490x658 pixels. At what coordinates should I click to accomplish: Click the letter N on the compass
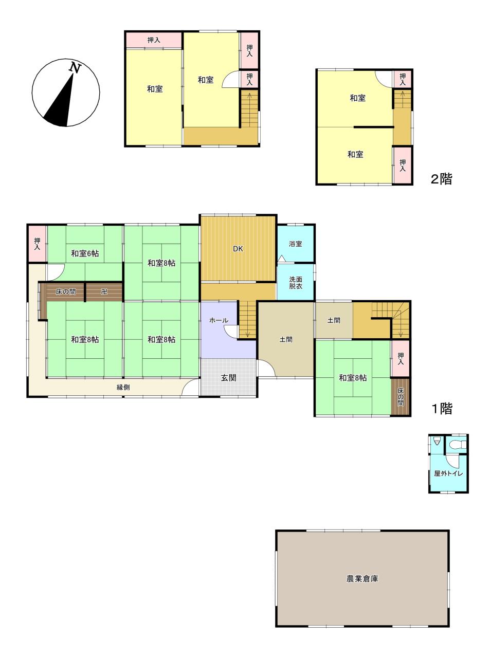(75, 68)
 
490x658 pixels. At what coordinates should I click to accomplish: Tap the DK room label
(238, 249)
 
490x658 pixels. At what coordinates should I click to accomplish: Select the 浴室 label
(296, 244)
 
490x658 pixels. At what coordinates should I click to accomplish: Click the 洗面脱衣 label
(296, 283)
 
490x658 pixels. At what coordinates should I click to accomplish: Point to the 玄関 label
(228, 378)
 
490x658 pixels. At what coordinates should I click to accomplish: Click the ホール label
(219, 320)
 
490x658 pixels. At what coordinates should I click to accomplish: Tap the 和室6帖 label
(85, 253)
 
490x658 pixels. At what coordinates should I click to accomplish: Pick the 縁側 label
(123, 388)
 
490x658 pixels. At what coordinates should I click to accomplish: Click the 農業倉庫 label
(362, 579)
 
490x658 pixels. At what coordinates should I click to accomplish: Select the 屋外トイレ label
(448, 473)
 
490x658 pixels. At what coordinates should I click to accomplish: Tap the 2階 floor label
(442, 179)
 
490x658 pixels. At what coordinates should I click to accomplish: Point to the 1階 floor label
(442, 409)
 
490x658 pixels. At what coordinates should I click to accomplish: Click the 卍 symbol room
(104, 292)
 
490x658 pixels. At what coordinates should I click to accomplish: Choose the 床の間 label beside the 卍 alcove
(66, 292)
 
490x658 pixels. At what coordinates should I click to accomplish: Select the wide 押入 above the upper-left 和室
(154, 40)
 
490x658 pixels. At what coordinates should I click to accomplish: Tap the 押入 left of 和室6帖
(37, 244)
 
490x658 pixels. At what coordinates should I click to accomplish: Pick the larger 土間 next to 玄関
(286, 340)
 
